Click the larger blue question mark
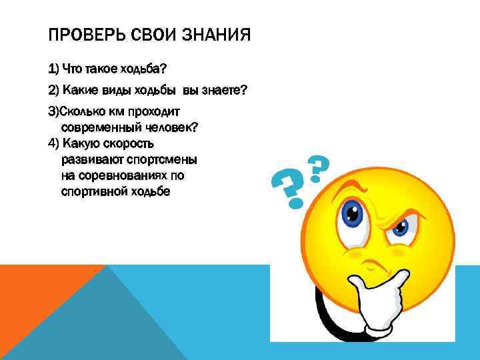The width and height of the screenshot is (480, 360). tap(288, 189)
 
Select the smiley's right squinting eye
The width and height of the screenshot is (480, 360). tap(399, 226)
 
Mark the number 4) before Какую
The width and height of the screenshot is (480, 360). tap(54, 143)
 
